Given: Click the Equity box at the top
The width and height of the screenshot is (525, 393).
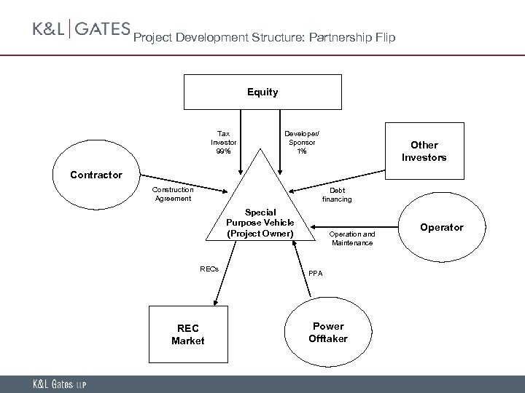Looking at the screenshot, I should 262,92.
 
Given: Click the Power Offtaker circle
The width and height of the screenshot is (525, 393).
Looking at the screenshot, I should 327,332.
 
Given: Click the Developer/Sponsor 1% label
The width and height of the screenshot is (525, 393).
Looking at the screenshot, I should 301,143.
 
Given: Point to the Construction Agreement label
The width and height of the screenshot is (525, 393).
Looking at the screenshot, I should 172,194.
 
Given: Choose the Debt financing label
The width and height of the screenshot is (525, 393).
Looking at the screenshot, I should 336,194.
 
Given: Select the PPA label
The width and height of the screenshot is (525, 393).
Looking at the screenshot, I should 315,274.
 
